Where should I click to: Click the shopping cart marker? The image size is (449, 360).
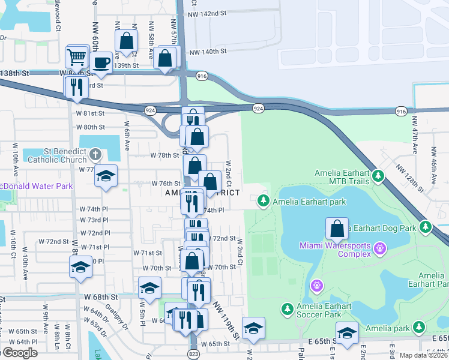77,58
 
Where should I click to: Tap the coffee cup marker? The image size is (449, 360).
101,62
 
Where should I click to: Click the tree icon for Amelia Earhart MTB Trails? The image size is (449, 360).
378,176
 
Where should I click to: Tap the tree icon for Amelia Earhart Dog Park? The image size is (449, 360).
426,227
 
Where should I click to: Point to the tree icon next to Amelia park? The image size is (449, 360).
421,328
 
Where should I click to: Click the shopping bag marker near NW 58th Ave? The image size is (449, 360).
127,41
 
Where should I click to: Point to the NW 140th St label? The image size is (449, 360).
208,52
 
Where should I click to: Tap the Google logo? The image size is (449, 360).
19,353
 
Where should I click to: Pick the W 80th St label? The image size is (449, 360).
90,127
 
